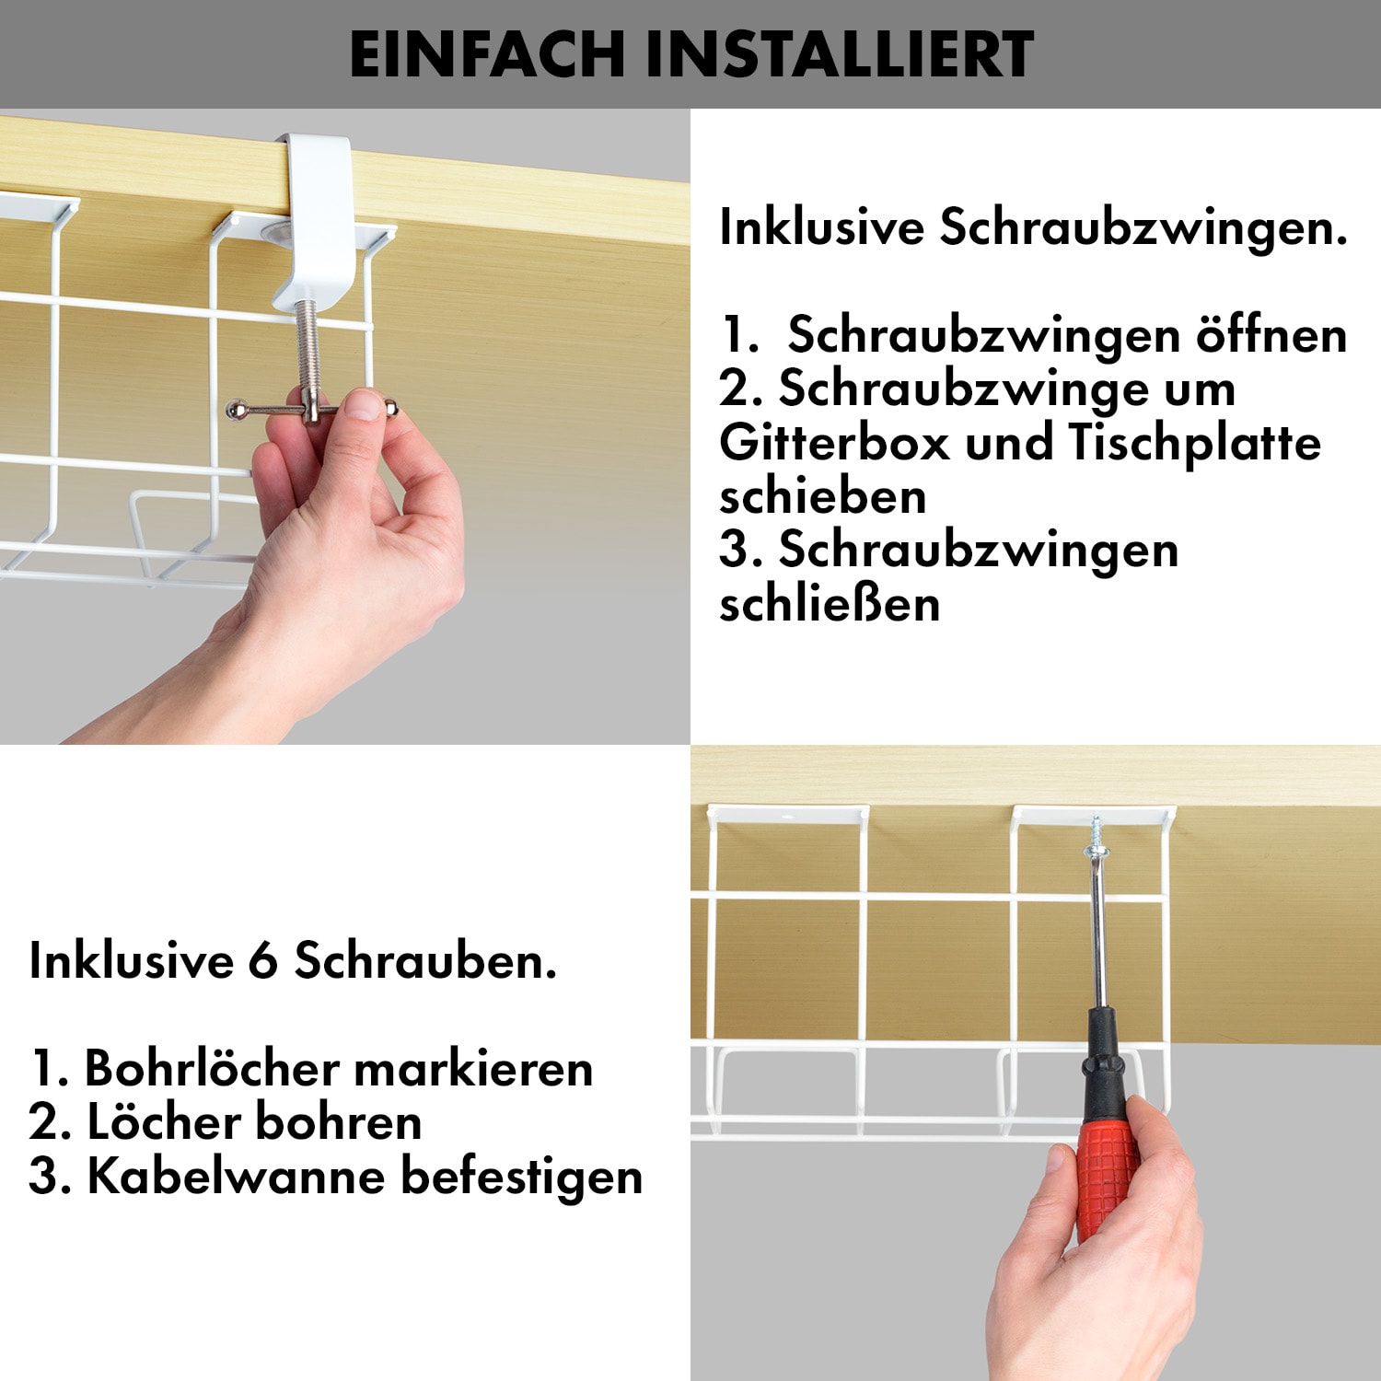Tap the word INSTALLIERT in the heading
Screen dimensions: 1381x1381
(x=840, y=54)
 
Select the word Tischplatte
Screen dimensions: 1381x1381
(x=1195, y=443)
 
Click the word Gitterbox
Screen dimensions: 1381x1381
(x=834, y=443)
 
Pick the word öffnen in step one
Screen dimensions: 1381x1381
(x=1271, y=334)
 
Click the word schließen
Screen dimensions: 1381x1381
(x=830, y=604)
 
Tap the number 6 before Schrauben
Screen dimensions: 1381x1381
(x=263, y=961)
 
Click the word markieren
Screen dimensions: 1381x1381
(x=473, y=1069)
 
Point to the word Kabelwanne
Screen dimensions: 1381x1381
(x=236, y=1177)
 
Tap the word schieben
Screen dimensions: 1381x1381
(x=823, y=496)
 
